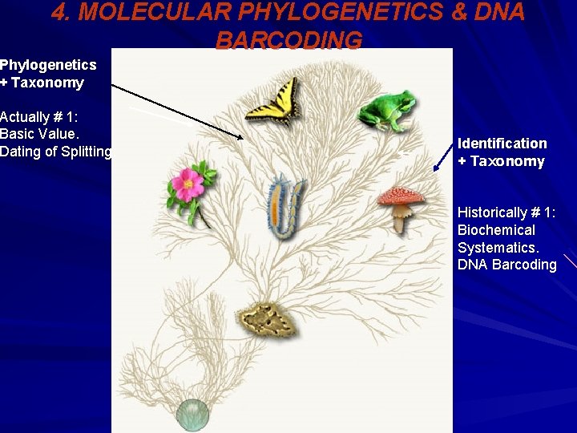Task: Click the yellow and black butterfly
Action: click(x=272, y=102)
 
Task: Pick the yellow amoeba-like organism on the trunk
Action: click(x=268, y=320)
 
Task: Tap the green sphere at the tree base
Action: click(x=193, y=414)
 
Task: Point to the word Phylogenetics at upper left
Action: click(x=48, y=65)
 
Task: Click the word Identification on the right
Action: click(x=502, y=144)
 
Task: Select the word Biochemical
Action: click(x=496, y=230)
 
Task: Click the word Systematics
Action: click(x=499, y=248)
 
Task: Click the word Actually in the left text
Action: click(x=26, y=116)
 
